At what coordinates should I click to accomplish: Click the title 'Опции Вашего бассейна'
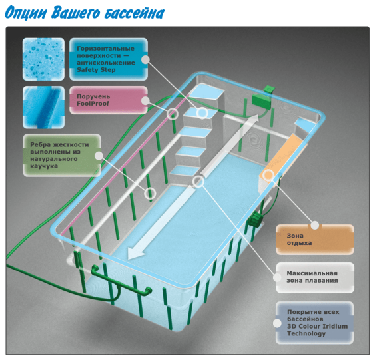click(85, 13)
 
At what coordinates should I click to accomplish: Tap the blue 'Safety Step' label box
click(109, 59)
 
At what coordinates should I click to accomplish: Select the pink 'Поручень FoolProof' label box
click(109, 100)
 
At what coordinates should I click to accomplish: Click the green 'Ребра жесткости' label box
click(62, 156)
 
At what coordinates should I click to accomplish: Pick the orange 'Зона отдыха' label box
click(315, 240)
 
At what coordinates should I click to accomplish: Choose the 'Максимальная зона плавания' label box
click(315, 277)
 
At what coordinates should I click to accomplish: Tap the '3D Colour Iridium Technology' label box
click(315, 323)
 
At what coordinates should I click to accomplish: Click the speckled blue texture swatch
click(43, 59)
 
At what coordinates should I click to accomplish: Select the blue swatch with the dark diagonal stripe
click(43, 107)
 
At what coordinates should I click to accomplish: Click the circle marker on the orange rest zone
click(268, 176)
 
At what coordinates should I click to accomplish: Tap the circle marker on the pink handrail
click(172, 114)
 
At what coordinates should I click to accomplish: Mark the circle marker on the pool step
click(202, 113)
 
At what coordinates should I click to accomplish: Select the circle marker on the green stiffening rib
click(150, 194)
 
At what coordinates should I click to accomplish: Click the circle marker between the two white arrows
click(198, 182)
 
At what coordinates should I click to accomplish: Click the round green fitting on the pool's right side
click(255, 219)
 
